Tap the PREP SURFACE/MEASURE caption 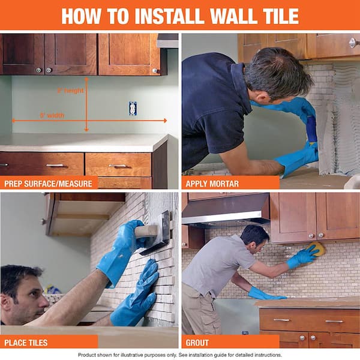tap(49, 183)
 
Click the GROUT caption tap(197, 343)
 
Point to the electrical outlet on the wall tap(133, 108)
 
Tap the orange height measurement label tap(70, 91)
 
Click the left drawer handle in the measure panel tap(55, 164)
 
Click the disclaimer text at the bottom tap(180, 355)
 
